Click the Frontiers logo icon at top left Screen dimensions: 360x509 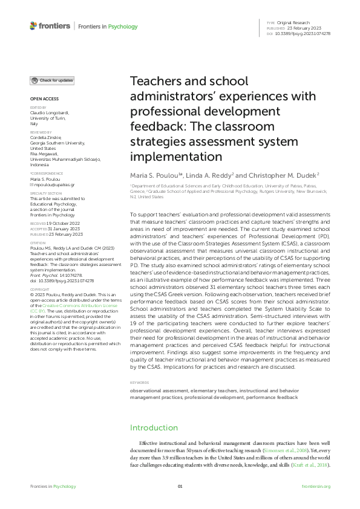tap(33, 26)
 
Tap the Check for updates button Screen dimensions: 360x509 tap(53, 80)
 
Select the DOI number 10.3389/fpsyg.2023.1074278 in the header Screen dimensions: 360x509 tap(303, 33)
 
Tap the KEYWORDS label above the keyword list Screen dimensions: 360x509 tap(140, 383)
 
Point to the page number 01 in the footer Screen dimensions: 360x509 tap(180, 486)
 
